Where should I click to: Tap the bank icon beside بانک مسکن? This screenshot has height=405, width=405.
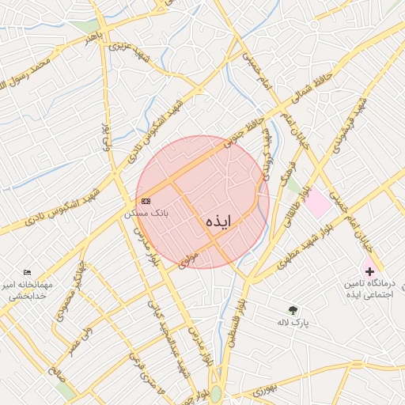pyautogui.click(x=145, y=202)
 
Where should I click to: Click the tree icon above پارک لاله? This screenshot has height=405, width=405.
pyautogui.click(x=293, y=310)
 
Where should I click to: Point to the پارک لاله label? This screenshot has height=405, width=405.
pyautogui.click(x=293, y=322)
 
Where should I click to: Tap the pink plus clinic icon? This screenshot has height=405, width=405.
pyautogui.click(x=369, y=271)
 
